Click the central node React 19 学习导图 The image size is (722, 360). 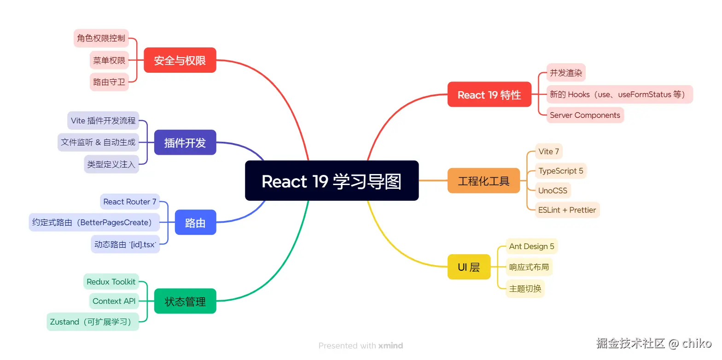click(x=332, y=181)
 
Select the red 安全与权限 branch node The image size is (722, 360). click(x=180, y=60)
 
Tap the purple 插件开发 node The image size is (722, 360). click(x=185, y=143)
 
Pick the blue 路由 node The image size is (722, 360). click(x=195, y=223)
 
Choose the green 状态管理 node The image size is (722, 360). click(x=185, y=302)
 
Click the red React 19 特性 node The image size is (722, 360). click(x=489, y=95)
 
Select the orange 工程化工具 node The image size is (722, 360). click(x=483, y=181)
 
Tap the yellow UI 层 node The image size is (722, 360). click(x=469, y=267)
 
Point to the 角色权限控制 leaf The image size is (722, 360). click(x=101, y=38)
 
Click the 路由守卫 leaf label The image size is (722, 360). click(x=109, y=82)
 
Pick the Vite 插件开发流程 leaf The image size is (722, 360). click(x=103, y=121)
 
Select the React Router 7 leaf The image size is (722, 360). click(x=130, y=202)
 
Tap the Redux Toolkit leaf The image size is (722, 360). click(x=111, y=282)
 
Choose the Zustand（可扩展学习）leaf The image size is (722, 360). click(x=93, y=322)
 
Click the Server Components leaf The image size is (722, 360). click(x=585, y=115)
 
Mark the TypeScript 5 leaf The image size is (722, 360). click(x=561, y=171)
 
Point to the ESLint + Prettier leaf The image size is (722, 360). click(x=567, y=210)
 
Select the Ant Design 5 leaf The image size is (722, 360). click(x=531, y=246)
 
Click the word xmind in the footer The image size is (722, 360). click(x=390, y=346)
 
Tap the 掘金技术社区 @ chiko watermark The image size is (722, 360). click(x=653, y=343)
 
